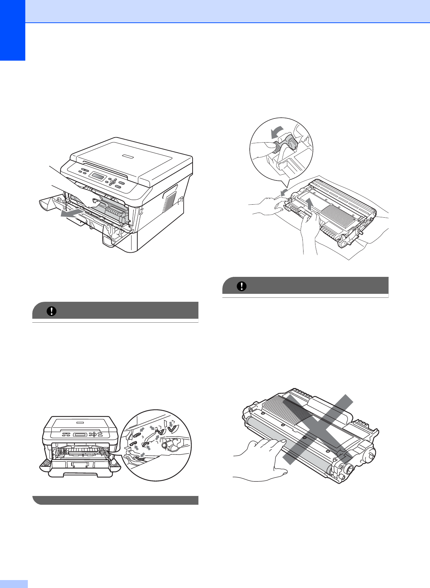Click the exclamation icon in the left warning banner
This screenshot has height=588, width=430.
52,311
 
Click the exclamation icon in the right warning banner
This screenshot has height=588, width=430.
241,286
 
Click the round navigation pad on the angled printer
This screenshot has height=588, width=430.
113,182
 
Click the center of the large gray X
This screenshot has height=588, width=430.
317,429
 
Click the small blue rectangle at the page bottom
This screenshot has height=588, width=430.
14,584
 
